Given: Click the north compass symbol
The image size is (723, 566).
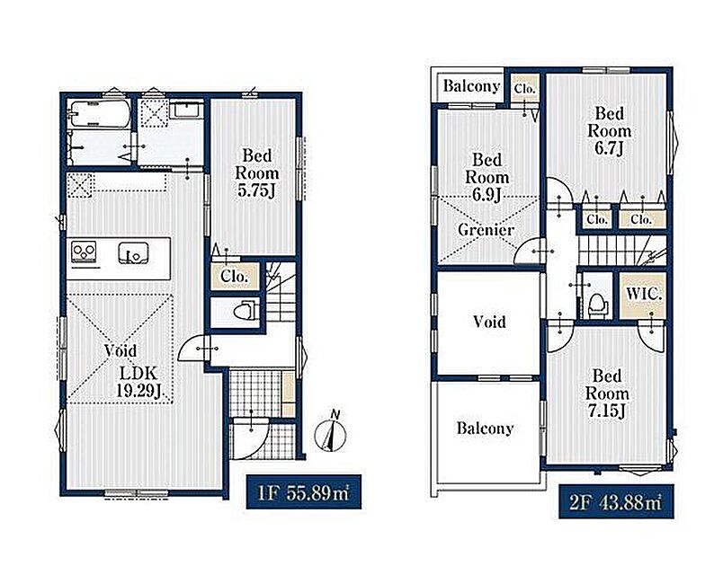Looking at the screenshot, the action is (331, 432).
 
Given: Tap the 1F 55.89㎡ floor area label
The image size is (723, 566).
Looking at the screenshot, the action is (303, 491).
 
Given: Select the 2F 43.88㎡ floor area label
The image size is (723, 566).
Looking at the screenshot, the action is (616, 501).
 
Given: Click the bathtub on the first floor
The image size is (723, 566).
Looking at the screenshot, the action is (99, 113).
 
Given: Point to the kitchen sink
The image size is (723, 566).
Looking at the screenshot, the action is (134, 252).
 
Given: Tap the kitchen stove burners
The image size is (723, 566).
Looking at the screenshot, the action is (85, 252).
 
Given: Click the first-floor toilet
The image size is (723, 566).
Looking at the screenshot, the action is (245, 310).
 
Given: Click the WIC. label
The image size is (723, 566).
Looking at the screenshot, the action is (644, 294).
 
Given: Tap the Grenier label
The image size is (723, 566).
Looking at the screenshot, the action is (486, 229).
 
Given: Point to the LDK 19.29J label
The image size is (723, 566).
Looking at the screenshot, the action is (139, 382).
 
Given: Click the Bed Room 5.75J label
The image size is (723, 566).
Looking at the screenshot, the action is (257, 173).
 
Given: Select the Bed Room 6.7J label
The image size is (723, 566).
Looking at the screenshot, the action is (609, 131).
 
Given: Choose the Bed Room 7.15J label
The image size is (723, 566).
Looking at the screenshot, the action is (607, 394).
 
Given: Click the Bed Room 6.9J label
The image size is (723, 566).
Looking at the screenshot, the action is (486, 177).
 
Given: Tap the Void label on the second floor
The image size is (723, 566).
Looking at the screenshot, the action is (489, 322).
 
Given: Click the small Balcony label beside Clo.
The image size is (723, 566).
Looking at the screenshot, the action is (471, 85).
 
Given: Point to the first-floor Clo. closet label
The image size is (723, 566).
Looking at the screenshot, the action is (235, 277).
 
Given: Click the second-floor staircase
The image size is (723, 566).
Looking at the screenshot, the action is (621, 250).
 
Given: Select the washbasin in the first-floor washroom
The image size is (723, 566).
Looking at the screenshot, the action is (186, 111).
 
